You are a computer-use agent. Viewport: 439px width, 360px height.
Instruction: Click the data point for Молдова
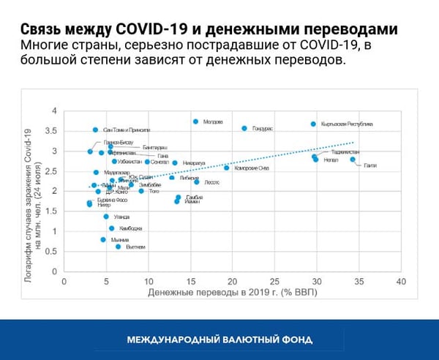point(195,121)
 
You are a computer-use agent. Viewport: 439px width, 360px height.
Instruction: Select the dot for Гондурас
point(244,128)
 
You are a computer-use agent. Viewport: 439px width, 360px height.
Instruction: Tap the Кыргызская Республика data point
point(313,124)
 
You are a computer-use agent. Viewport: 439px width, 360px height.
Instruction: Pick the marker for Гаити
point(353,160)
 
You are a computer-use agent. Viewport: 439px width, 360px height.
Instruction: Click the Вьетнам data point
point(118,247)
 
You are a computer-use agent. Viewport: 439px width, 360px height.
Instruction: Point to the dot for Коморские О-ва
point(226,168)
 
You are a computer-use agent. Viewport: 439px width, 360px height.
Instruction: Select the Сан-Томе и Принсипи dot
point(95,130)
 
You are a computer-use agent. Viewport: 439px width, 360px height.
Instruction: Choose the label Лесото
point(211,182)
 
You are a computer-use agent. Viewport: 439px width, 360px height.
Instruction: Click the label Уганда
point(121,217)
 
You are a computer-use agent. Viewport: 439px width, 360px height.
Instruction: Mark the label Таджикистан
point(345,152)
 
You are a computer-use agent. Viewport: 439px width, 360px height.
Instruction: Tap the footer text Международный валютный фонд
point(219,340)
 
